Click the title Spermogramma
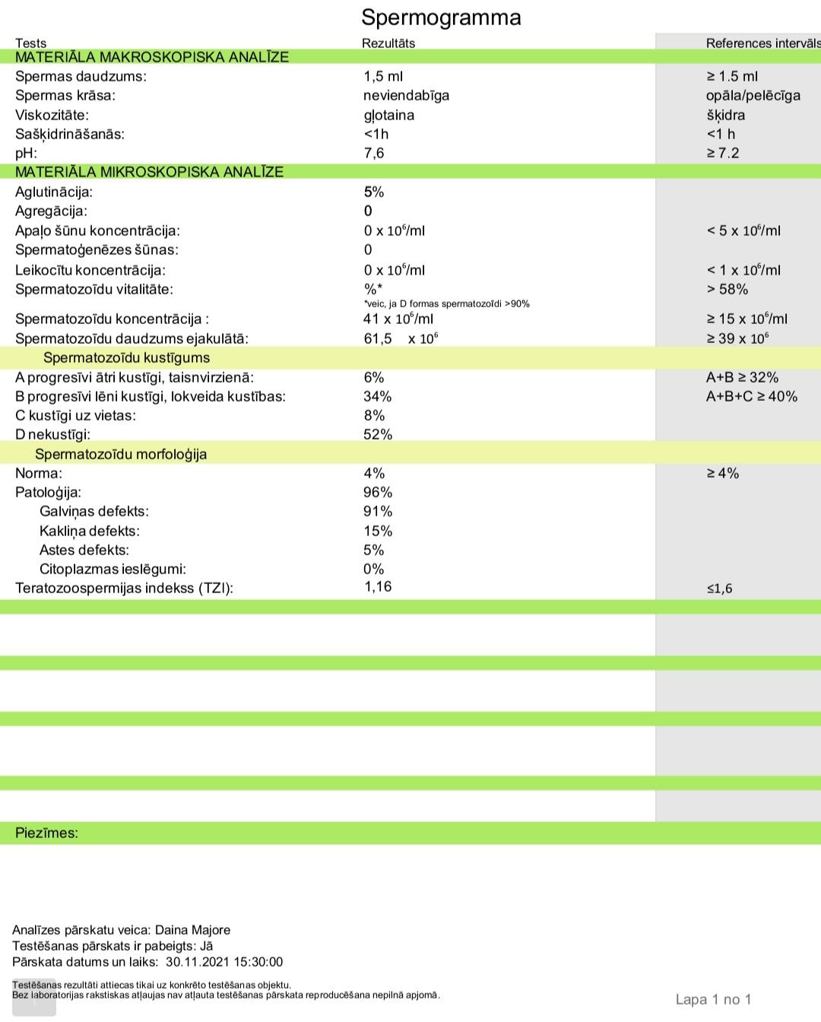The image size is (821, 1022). point(441,17)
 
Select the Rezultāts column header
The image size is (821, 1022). point(388,43)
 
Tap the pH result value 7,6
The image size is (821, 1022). point(374,153)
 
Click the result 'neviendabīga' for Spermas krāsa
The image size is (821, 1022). point(406,95)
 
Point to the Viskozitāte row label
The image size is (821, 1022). point(52,115)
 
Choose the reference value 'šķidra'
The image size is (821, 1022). point(725,115)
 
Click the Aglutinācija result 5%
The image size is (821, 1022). point(374,192)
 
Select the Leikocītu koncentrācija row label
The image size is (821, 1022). point(90,270)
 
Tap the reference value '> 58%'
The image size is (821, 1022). point(727,289)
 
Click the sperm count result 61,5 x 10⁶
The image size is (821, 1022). point(401,338)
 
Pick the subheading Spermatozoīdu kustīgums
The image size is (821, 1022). point(126,357)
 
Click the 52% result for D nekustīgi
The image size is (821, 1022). point(378,434)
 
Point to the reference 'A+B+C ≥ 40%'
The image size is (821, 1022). point(751,396)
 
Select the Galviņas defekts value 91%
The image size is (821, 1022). point(378,511)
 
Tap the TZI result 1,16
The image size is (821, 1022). point(378,586)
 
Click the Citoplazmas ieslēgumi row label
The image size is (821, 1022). point(113,569)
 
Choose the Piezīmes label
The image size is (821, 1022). point(46,833)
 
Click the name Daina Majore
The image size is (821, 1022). point(192,929)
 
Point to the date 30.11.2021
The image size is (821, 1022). point(195,962)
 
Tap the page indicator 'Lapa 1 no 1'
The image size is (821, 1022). point(713,999)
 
